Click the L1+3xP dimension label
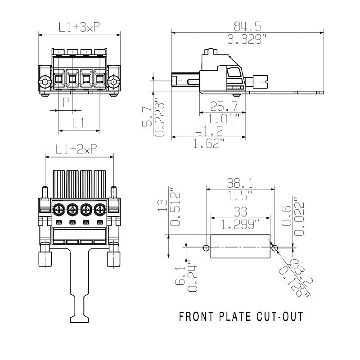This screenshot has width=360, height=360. click(79, 27)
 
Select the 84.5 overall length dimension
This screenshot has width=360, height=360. click(247, 25)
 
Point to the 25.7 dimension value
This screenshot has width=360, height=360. click(223, 106)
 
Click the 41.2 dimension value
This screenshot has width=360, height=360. click(210, 131)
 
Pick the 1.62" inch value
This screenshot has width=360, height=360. click(210, 144)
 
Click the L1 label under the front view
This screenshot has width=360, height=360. click(79, 123)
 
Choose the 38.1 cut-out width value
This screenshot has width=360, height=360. click(239, 183)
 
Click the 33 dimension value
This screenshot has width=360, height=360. click(240, 211)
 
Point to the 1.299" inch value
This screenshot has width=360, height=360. click(240, 224)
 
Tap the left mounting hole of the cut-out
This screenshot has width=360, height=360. click(206, 247)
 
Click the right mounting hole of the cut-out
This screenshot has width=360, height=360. click(275, 247)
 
